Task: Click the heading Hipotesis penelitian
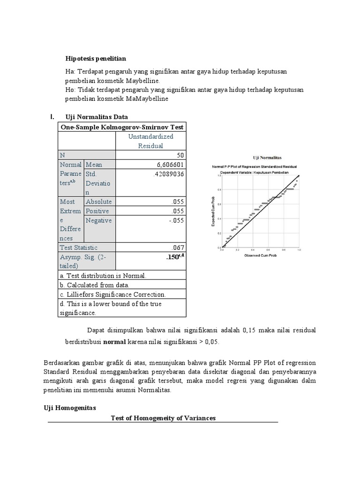pos(96,59)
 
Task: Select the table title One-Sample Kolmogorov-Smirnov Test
pos(122,127)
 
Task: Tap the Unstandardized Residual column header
pos(150,141)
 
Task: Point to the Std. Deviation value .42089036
pos(167,174)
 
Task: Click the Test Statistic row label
pos(79,247)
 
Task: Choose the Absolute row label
pos(98,202)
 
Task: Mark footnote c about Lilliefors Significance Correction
pos(112,294)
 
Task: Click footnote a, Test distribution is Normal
pos(103,276)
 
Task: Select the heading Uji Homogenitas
pos(69,408)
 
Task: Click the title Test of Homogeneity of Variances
pos(163,418)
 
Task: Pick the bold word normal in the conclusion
pos(114,342)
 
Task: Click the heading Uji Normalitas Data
pos(96,117)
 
